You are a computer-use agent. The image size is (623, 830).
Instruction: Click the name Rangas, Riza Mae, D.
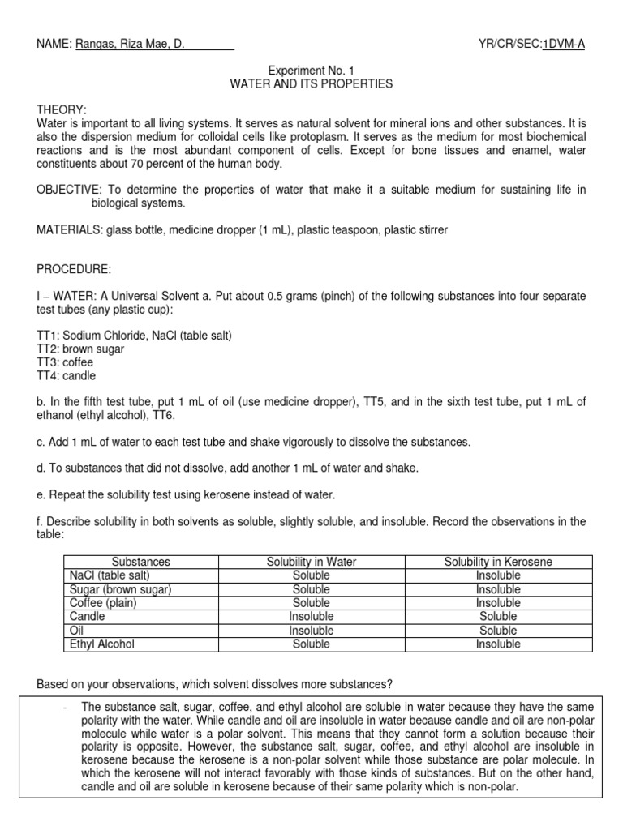click(x=130, y=45)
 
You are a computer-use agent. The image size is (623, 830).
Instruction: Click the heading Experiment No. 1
click(x=311, y=71)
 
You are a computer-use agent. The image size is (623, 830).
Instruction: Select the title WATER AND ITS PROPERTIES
click(x=311, y=83)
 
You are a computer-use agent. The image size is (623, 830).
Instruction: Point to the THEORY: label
click(x=62, y=109)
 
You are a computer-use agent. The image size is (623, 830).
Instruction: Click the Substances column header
click(x=141, y=562)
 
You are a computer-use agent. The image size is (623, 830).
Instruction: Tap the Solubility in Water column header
click(x=311, y=562)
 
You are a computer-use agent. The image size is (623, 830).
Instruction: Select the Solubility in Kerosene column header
click(x=498, y=562)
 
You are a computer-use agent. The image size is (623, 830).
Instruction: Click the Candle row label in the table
click(x=88, y=617)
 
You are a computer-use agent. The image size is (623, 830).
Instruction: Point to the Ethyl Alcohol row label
click(x=102, y=644)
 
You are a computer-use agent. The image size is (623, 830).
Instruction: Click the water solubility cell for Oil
click(x=311, y=631)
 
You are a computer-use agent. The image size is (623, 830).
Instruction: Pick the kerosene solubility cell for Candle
click(x=498, y=617)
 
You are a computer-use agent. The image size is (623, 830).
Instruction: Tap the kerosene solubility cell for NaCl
click(x=498, y=575)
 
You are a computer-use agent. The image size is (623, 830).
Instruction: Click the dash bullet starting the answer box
click(x=63, y=686)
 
